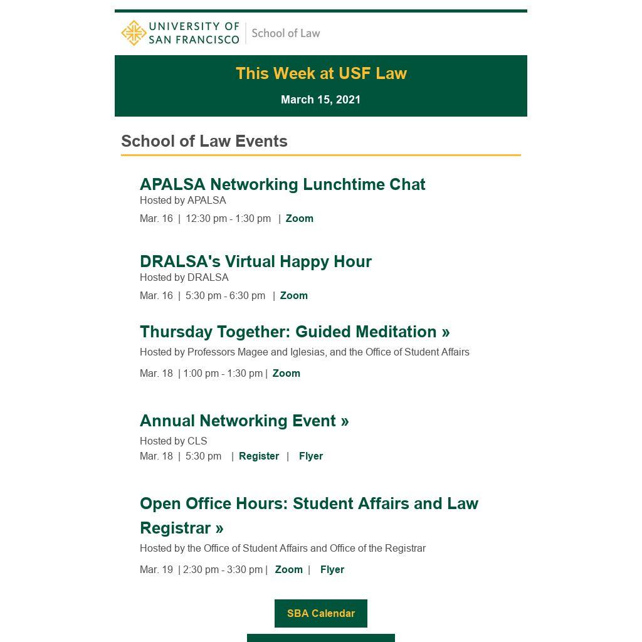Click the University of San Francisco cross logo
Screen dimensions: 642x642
tap(134, 33)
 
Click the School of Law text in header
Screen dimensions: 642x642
tap(286, 33)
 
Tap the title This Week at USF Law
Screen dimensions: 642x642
tap(321, 73)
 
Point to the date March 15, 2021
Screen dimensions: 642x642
tap(320, 100)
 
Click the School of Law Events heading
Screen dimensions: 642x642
tap(204, 141)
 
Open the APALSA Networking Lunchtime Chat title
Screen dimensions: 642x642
tap(282, 184)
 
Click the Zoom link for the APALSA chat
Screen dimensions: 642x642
tap(299, 219)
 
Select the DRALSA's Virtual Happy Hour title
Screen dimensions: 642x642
tap(255, 261)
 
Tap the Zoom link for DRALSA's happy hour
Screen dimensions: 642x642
tap(293, 296)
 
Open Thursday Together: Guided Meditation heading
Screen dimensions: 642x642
tap(295, 332)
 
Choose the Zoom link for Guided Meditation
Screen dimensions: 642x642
tap(286, 374)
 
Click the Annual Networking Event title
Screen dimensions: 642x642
tap(244, 421)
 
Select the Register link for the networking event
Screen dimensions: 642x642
tap(259, 456)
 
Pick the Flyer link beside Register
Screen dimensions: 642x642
tap(311, 456)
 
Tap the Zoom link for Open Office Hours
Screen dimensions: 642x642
tap(288, 570)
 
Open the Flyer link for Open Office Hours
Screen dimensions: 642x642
tap(332, 570)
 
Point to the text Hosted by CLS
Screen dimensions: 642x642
tap(173, 441)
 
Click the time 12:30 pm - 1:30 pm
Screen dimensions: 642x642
tap(228, 219)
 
